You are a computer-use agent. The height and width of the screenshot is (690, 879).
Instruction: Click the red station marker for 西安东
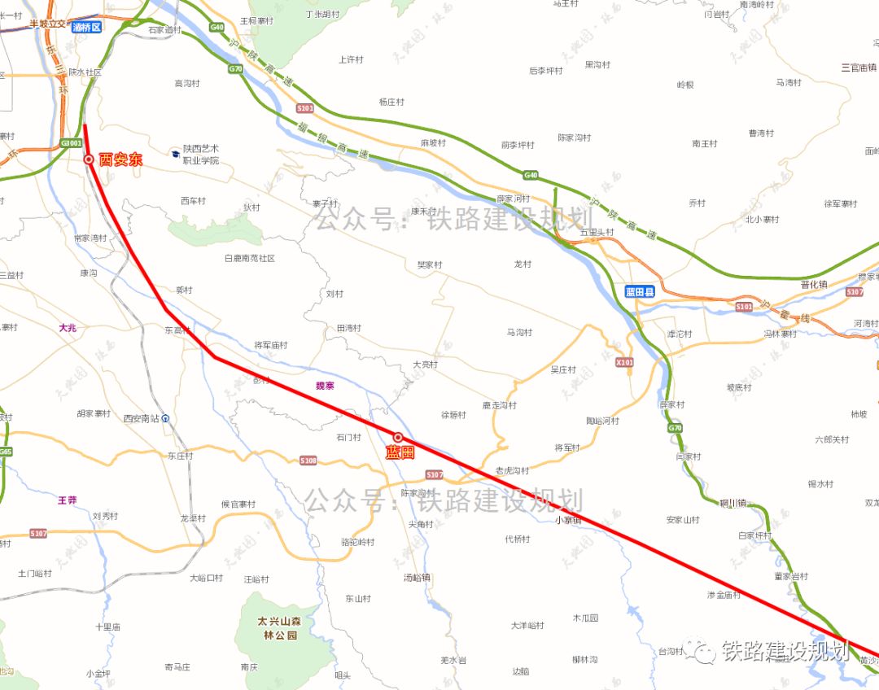click(x=89, y=160)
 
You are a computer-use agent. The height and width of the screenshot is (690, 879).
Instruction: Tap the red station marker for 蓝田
click(x=398, y=438)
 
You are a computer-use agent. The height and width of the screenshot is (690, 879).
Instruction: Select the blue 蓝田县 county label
click(x=640, y=290)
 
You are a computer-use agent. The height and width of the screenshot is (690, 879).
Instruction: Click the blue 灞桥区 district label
click(x=86, y=27)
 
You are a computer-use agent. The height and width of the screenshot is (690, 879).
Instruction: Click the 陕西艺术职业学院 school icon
click(x=176, y=152)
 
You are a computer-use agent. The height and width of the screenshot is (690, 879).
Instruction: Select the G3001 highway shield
click(x=71, y=143)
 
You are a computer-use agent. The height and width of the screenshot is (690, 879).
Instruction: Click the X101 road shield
click(x=624, y=362)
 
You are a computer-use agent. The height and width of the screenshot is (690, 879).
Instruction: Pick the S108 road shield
click(x=308, y=461)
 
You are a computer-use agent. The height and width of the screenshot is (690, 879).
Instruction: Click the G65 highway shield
click(x=6, y=452)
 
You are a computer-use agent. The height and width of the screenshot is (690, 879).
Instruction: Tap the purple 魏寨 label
click(x=324, y=385)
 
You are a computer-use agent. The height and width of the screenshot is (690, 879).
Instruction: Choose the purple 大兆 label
click(x=68, y=328)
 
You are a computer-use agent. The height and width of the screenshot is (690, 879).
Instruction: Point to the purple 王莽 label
click(x=67, y=500)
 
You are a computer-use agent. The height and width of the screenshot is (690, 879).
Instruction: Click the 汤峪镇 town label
click(x=417, y=578)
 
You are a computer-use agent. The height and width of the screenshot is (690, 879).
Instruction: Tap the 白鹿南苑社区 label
click(x=250, y=258)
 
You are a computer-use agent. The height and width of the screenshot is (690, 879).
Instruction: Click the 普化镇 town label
click(x=813, y=285)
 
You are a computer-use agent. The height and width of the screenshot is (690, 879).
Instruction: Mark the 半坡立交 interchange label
click(x=50, y=24)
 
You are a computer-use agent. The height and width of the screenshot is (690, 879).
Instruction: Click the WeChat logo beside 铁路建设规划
click(x=702, y=649)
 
